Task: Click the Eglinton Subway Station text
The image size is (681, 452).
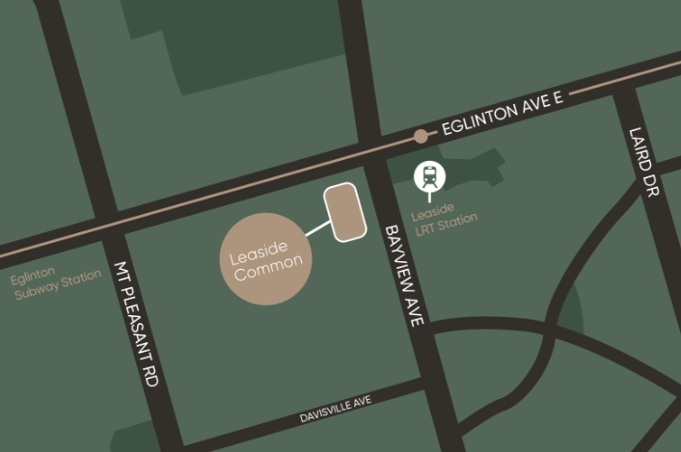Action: pos(55,283)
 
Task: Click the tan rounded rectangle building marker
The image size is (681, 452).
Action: pos(344,212)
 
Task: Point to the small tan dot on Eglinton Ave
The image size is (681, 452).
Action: pos(421,136)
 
